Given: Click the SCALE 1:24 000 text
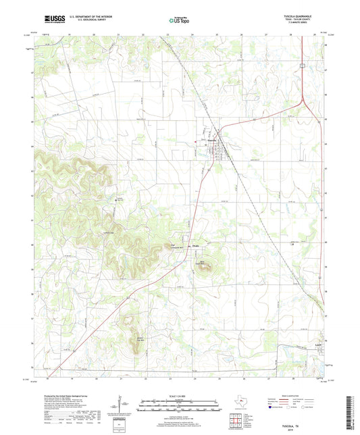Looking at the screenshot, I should [180, 396].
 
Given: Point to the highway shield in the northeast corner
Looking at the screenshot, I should [304, 66].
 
